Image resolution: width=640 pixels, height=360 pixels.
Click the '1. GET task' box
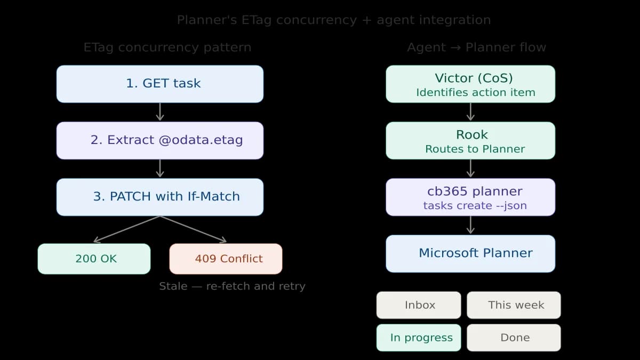coord(160,84)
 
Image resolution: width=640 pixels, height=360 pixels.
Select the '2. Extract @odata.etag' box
coord(160,140)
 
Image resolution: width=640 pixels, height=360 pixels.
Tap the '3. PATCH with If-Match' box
coord(160,197)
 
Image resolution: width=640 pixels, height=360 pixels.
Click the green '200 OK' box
coord(94,259)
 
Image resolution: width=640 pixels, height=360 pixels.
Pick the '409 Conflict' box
coord(226,259)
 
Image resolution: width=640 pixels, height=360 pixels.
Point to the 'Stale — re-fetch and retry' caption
coord(232,286)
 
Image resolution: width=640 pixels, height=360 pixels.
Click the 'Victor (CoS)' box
coord(470,84)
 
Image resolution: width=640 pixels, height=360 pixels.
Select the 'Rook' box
coord(470,140)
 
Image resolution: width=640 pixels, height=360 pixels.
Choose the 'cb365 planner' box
coord(470,197)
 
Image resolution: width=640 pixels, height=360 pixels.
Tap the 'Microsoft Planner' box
coord(470,253)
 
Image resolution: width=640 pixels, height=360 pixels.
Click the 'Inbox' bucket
coord(419,305)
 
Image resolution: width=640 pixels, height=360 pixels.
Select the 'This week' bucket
coord(514,305)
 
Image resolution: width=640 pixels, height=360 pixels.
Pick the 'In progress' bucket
coord(419,338)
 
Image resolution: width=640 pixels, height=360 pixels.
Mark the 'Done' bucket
coord(514,338)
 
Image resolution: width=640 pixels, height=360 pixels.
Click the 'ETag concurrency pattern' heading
coord(167,47)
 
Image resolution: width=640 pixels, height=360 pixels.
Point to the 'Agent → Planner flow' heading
coord(476,47)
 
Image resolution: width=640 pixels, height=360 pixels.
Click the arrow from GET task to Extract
coord(160,112)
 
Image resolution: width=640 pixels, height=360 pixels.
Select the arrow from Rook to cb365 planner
coord(470,169)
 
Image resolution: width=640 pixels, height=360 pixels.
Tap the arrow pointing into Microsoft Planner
coord(470,225)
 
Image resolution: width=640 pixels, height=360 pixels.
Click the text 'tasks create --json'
coord(475,206)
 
